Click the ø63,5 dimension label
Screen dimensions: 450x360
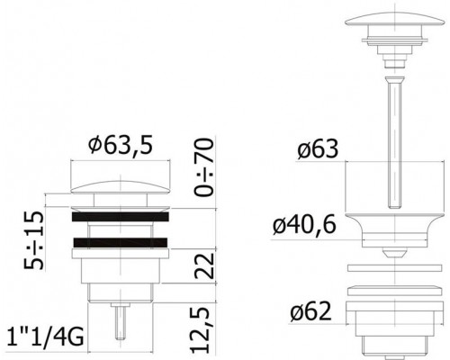[x=121, y=145]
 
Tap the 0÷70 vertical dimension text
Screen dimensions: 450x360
[x=204, y=166]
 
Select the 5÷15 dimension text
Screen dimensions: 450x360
[x=33, y=240]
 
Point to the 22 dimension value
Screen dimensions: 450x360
[x=204, y=265]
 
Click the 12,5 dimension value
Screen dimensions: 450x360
[x=201, y=329]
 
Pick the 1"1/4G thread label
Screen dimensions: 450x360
[x=45, y=337]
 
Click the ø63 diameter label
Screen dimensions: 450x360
[x=318, y=148]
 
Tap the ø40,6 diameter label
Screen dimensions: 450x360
[x=304, y=225]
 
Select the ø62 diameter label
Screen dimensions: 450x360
[x=310, y=311]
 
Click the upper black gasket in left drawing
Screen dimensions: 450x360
[x=121, y=217]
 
